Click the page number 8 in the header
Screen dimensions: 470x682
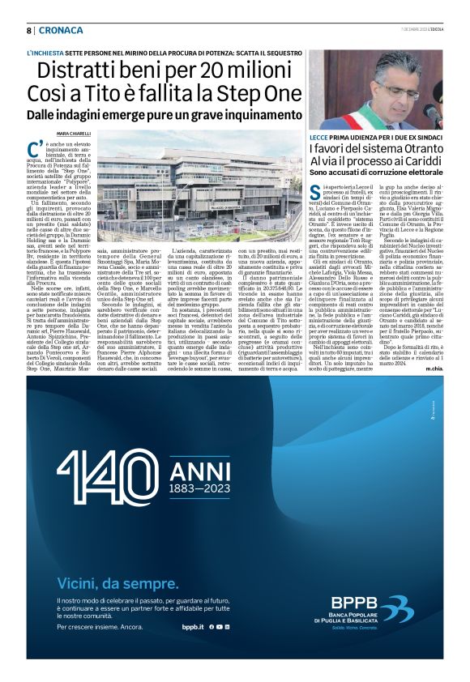[28, 30]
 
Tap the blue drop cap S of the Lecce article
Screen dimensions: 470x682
[314, 191]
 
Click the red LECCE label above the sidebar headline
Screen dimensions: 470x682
[319, 138]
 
